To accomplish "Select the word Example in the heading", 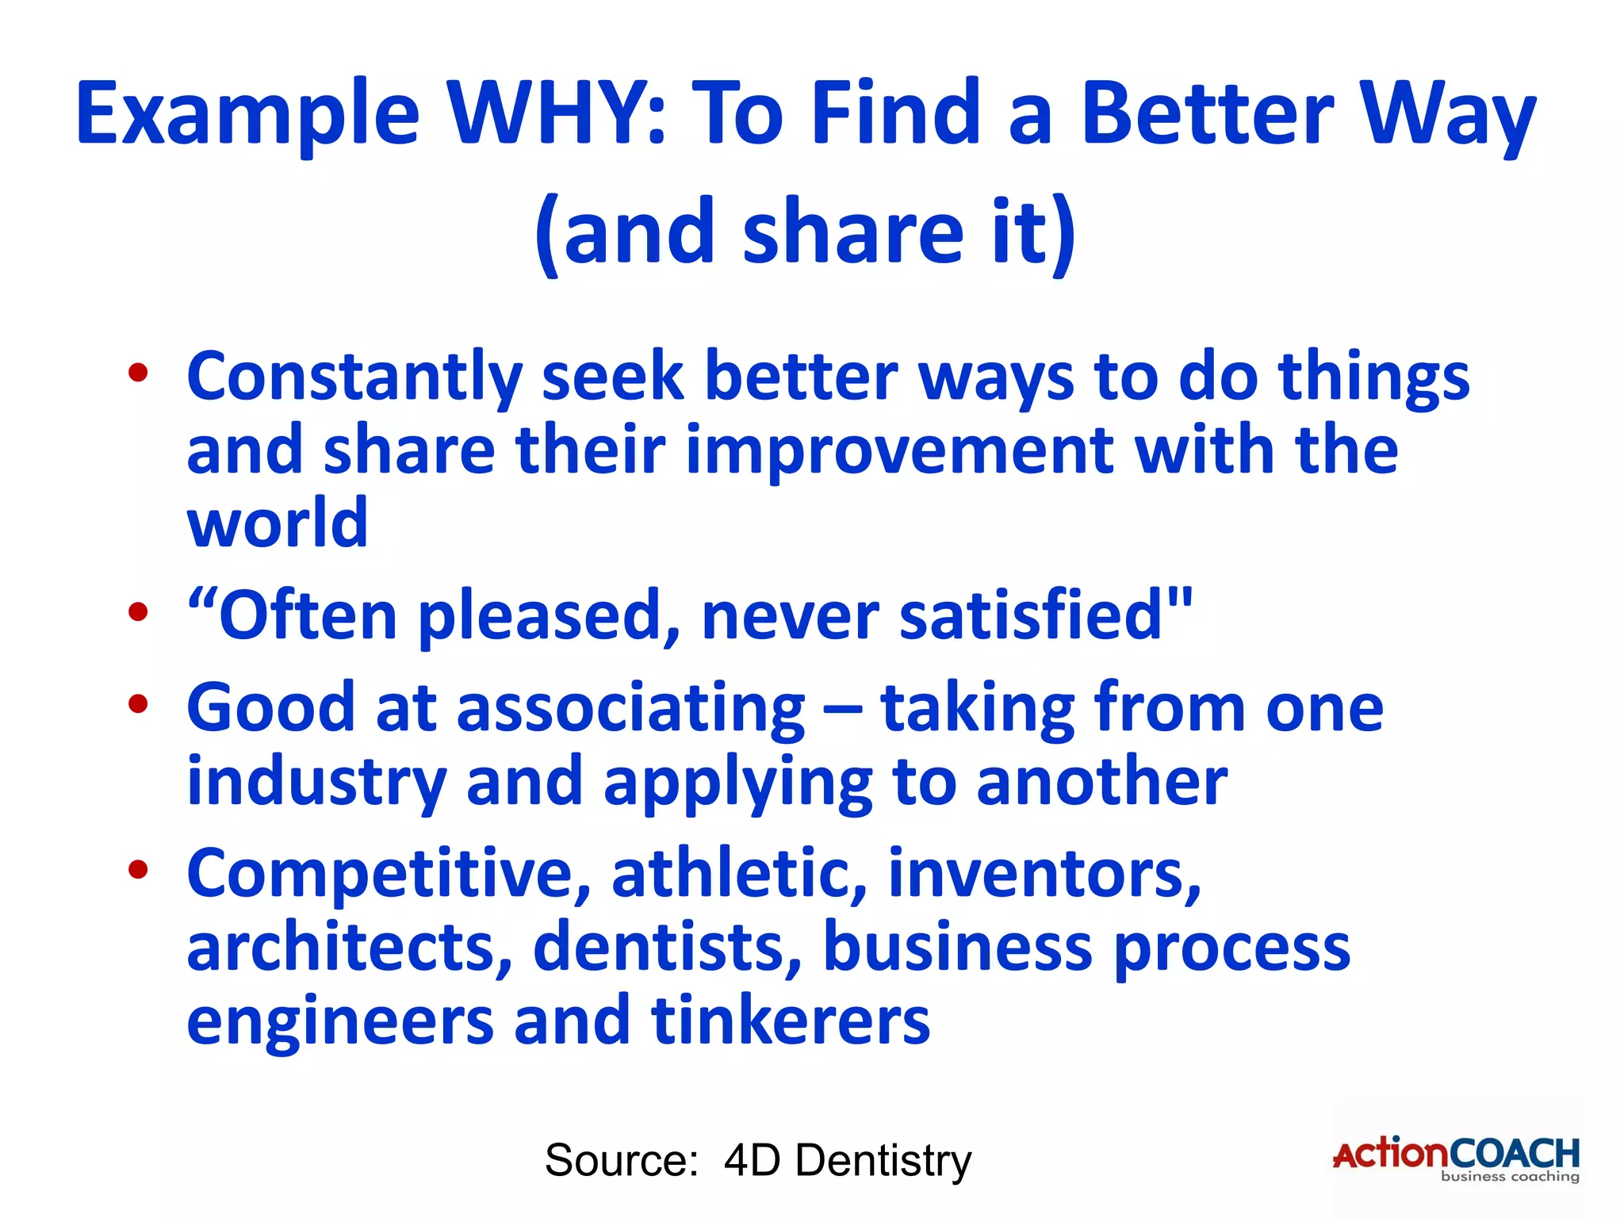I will (247, 115).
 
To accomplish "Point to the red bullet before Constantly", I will (138, 373).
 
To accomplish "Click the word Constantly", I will (354, 378).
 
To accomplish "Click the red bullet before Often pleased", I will (138, 612).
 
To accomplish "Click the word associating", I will (630, 708).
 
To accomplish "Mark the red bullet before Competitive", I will (138, 869).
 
